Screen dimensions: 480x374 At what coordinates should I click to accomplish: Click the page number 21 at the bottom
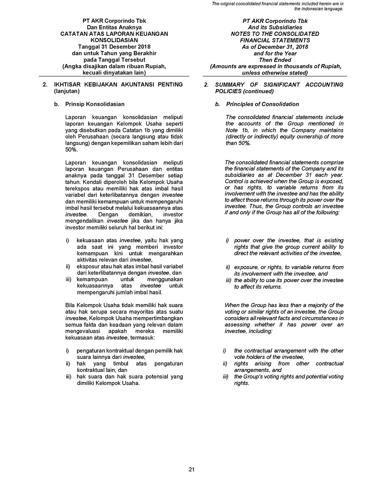(191, 470)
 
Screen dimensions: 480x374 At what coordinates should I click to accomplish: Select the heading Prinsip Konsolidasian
(95, 104)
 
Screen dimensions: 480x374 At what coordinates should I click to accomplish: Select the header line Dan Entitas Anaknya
(114, 27)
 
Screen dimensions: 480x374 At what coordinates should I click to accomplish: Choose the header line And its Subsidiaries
(275, 27)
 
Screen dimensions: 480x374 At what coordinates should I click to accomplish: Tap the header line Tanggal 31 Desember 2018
(114, 47)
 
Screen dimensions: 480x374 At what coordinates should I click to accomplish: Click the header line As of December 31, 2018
(275, 47)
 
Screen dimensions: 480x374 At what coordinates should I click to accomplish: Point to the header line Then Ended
(275, 60)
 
